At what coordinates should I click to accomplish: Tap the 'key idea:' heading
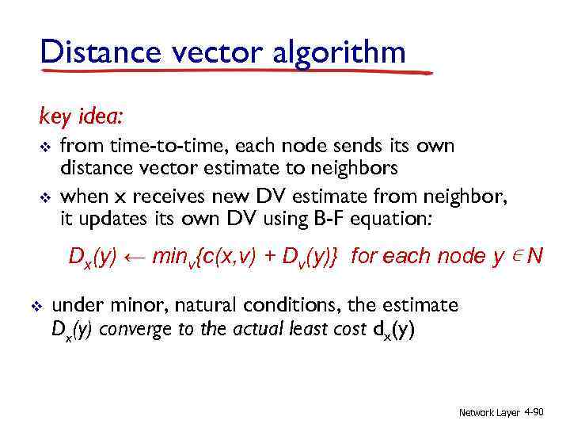click(x=81, y=117)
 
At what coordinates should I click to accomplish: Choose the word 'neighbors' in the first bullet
click(x=358, y=168)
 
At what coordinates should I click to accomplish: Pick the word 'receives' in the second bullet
click(x=164, y=195)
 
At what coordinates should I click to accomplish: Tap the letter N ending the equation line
click(x=536, y=255)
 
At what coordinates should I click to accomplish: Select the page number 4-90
click(x=534, y=412)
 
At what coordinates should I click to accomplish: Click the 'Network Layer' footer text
click(x=489, y=413)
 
